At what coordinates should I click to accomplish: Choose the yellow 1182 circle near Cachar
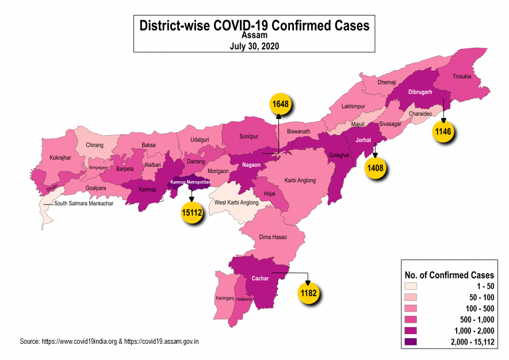point(309,293)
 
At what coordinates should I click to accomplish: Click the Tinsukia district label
point(462,76)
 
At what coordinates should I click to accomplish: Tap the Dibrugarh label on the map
point(421,92)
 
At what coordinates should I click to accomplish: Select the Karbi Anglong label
point(300,181)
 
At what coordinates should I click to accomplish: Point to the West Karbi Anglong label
point(236,203)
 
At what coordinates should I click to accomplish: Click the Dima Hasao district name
point(273,237)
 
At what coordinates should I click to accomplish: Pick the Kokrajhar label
point(60,157)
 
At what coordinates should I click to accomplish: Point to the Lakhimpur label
point(353,107)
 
